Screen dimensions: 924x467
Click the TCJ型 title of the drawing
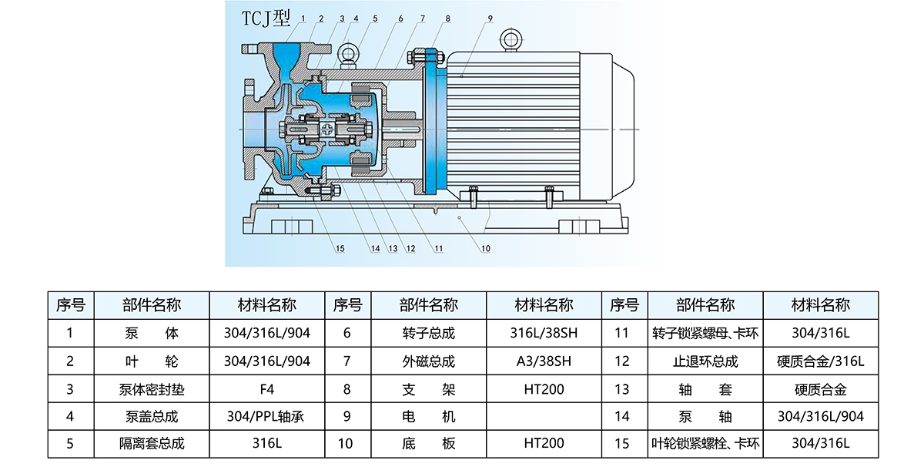(266, 18)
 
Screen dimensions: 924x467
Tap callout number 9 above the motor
(490, 18)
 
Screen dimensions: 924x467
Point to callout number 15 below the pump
(340, 249)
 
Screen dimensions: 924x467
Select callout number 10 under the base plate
(486, 249)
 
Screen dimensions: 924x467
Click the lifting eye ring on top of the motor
(511, 40)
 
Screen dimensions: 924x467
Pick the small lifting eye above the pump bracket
(348, 55)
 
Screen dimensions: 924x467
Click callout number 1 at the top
(303, 18)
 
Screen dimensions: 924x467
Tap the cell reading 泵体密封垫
(152, 389)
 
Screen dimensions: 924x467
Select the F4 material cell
(267, 389)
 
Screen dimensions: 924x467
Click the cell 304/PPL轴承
(267, 416)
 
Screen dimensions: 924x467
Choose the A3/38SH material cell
(544, 361)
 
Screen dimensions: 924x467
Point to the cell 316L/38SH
(544, 333)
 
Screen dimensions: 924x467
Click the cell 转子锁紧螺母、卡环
(705, 333)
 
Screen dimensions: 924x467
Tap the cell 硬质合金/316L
(821, 361)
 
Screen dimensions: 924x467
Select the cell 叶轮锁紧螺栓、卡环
(705, 443)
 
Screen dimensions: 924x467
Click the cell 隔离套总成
(152, 443)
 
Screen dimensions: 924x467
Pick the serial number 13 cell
(622, 389)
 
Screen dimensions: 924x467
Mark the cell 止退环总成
(705, 361)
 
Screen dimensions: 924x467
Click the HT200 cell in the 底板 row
(544, 443)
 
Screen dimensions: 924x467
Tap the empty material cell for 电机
(544, 416)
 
